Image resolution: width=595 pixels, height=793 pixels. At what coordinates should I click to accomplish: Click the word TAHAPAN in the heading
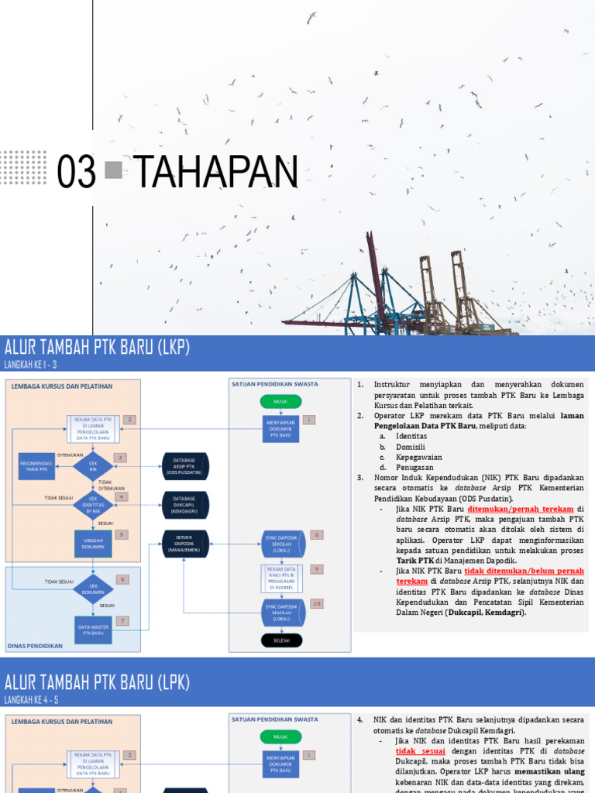coord(216,172)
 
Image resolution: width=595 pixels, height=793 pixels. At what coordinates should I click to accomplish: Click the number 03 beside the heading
coord(77,172)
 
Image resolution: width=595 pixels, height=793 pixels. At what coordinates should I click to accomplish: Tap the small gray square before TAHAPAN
coord(113,168)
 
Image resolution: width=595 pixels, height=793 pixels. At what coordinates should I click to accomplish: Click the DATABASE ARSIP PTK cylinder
coord(184,465)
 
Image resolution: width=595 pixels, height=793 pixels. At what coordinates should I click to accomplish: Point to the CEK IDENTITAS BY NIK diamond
coord(93,503)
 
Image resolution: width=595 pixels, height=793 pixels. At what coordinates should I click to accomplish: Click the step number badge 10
coord(316,603)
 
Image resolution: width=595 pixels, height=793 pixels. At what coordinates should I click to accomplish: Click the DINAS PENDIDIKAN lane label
coord(35,646)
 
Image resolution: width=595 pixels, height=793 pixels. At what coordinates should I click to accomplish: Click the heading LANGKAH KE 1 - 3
coord(31,366)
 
